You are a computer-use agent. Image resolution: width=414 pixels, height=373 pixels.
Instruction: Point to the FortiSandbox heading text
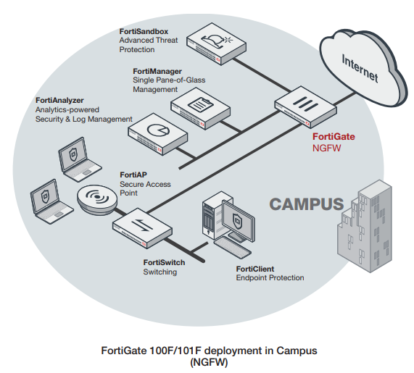[x=144, y=33]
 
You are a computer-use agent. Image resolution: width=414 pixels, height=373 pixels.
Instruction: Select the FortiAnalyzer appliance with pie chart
[x=154, y=130]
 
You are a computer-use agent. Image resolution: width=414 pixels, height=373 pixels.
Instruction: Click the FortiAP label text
[x=133, y=175]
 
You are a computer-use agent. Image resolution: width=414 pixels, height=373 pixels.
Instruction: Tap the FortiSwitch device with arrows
[x=141, y=225]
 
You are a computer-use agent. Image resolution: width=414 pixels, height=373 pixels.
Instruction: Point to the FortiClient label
[x=255, y=269]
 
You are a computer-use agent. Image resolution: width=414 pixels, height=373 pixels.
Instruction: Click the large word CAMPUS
[x=306, y=204]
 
